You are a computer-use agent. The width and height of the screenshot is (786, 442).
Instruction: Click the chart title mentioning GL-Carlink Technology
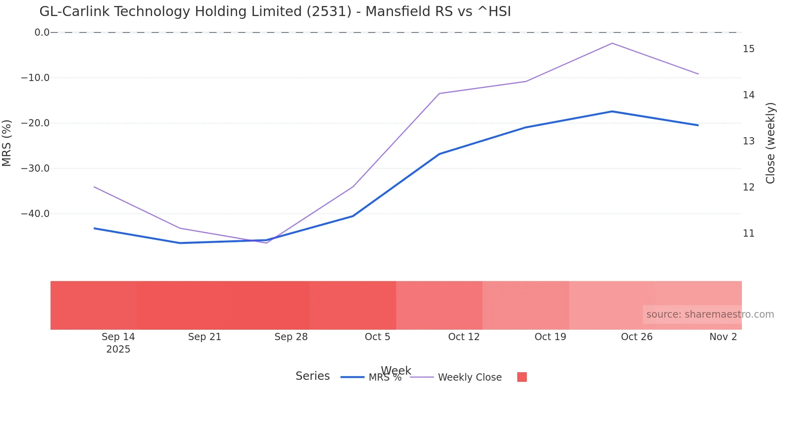[275, 12]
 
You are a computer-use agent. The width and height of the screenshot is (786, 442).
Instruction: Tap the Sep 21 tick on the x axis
[205, 337]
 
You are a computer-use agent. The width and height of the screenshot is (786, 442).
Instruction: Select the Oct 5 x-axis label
[377, 337]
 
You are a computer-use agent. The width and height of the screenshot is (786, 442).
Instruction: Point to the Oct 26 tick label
[636, 337]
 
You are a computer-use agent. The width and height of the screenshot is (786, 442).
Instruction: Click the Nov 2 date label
[723, 337]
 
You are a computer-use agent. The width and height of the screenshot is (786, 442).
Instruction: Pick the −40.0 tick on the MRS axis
[35, 214]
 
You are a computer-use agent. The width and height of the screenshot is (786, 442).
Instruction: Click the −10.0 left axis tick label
[35, 78]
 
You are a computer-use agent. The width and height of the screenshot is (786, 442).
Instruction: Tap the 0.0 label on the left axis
[42, 32]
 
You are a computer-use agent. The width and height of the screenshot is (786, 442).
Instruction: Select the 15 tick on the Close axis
[749, 49]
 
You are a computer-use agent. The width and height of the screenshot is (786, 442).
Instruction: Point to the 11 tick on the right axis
[749, 233]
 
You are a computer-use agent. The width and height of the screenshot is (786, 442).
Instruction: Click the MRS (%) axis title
[7, 143]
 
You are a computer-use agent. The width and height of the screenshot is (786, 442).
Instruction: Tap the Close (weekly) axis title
[770, 143]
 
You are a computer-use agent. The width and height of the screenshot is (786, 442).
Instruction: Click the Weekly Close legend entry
[469, 377]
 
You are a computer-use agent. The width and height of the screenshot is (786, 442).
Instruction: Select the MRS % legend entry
[384, 378]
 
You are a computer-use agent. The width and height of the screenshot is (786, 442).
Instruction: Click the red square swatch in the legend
[522, 377]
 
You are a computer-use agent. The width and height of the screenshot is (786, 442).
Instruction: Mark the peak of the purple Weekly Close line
[612, 43]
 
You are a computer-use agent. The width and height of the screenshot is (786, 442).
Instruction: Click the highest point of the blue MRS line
[612, 112]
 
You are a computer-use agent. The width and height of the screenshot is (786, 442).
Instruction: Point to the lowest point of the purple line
[266, 243]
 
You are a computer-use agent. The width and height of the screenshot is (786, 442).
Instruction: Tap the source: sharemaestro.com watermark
[710, 314]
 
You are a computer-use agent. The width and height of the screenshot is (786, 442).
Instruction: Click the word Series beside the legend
[312, 376]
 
